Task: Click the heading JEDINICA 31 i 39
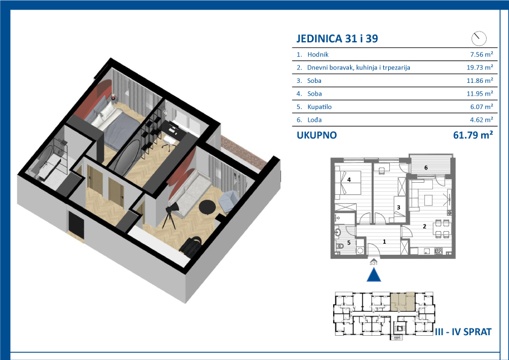[x=337, y=39]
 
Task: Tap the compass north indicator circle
[x=479, y=39]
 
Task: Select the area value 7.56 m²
[x=482, y=54]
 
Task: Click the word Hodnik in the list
[x=318, y=54]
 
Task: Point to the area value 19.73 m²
[x=480, y=68]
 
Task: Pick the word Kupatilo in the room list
[x=319, y=107]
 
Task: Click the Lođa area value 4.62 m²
[x=482, y=120]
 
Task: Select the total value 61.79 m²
[x=473, y=135]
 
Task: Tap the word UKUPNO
[x=317, y=135]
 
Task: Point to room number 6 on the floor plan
[x=426, y=168]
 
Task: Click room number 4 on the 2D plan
[x=349, y=179]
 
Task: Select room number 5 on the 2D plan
[x=349, y=243]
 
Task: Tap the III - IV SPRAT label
[x=463, y=332]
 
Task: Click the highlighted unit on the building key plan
[x=402, y=301]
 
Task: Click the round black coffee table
[x=207, y=207]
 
